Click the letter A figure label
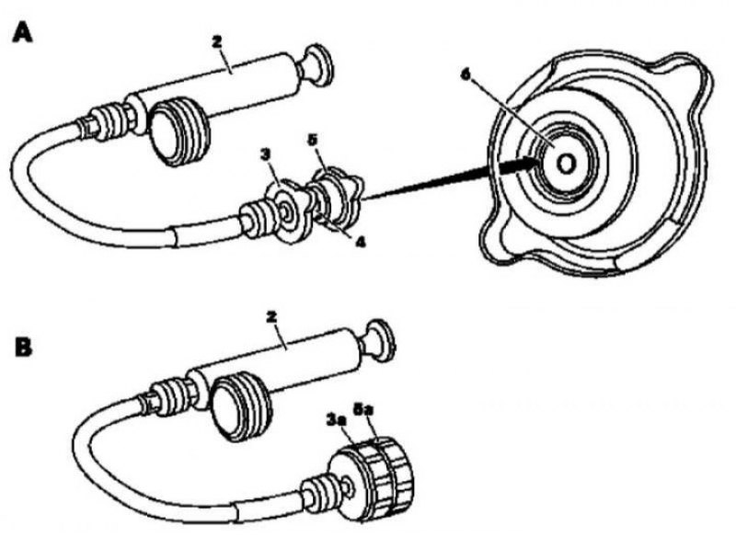pos(22,33)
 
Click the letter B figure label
pos(24,348)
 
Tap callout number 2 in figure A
pos(217,41)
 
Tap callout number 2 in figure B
pos(270,317)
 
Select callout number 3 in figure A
pos(266,154)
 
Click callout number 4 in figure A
pos(360,242)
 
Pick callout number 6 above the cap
pos(466,75)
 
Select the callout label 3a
pos(336,419)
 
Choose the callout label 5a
pos(363,410)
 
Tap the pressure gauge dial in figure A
pos(178,131)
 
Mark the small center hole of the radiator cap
pos(567,164)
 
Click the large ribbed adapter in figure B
pos(371,474)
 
